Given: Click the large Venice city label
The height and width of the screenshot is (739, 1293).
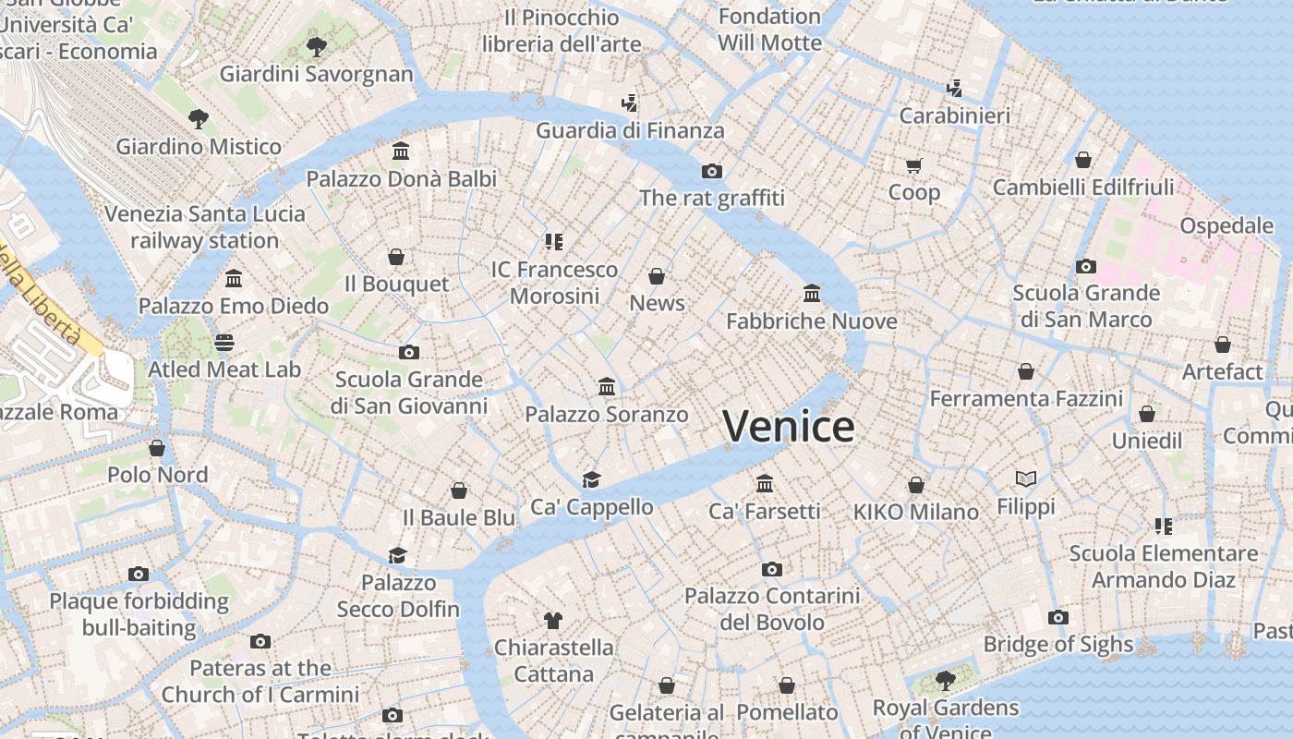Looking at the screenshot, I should [788, 426].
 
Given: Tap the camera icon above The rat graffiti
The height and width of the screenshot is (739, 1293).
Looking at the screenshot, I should [711, 171].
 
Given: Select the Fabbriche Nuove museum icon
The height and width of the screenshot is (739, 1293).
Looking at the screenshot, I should [812, 294].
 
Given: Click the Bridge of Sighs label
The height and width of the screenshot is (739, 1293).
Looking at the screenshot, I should [1057, 644].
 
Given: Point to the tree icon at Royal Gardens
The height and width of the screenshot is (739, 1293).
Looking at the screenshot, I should [945, 681].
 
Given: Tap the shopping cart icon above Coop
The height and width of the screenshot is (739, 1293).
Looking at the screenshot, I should [913, 165].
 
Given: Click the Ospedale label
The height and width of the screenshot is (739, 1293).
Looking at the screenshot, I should [1227, 225].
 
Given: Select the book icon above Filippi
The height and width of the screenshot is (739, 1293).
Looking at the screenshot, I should [1025, 479].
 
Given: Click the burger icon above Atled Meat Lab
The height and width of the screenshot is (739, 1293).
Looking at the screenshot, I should [224, 343].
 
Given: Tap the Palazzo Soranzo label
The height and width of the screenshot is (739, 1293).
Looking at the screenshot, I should [607, 415].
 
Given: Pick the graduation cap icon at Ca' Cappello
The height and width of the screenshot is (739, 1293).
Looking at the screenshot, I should [591, 479].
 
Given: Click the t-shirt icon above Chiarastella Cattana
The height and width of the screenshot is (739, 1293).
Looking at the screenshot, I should [553, 620].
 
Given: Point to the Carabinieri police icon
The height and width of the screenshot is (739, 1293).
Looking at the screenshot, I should [954, 89].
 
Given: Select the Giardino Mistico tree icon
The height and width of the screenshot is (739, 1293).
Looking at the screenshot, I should [198, 118].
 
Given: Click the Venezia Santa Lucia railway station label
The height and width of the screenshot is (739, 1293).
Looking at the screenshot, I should [204, 227].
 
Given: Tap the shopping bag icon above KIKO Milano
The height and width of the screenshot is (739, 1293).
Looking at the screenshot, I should [915, 485].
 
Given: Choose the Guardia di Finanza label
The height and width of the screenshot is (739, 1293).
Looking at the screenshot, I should [630, 130].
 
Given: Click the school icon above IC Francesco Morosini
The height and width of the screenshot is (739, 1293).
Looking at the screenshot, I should [553, 242].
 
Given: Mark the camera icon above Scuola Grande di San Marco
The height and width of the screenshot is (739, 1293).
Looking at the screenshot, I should [1086, 266].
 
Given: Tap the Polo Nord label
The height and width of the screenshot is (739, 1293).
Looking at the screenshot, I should [157, 475].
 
